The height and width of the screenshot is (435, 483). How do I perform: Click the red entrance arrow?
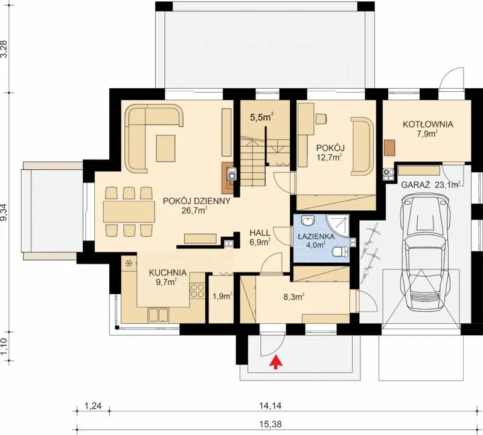pyautogui.click(x=277, y=362)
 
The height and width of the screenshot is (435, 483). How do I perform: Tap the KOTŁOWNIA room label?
pyautogui.click(x=428, y=124)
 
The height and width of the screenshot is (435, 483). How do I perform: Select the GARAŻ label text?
pyautogui.click(x=415, y=185)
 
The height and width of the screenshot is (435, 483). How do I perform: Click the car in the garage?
pyautogui.click(x=424, y=253)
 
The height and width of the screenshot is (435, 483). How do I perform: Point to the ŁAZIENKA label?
pyautogui.click(x=316, y=236)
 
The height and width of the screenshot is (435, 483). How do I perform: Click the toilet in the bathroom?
pyautogui.click(x=341, y=252)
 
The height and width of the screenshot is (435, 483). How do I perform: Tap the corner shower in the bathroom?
pyautogui.click(x=338, y=225)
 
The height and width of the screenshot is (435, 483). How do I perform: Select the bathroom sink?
pyautogui.click(x=307, y=221)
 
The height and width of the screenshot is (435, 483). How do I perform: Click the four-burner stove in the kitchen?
pyautogui.click(x=197, y=291)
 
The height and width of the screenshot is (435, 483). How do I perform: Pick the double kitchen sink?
pyautogui.click(x=158, y=315)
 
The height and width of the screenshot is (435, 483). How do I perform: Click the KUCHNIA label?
pyautogui.click(x=168, y=272)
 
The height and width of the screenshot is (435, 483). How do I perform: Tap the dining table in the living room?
pyautogui.click(x=129, y=212)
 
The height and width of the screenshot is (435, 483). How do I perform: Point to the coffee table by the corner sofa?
pyautogui.click(x=165, y=148)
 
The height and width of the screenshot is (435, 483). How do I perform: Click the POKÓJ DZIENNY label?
pyautogui.click(x=197, y=201)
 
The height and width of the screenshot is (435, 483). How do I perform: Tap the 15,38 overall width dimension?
pyautogui.click(x=273, y=424)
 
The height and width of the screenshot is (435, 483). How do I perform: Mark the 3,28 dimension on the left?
pyautogui.click(x=4, y=48)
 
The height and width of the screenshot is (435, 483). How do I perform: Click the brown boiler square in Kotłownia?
pyautogui.click(x=389, y=147)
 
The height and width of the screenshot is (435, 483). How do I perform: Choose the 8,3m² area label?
pyautogui.click(x=294, y=297)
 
